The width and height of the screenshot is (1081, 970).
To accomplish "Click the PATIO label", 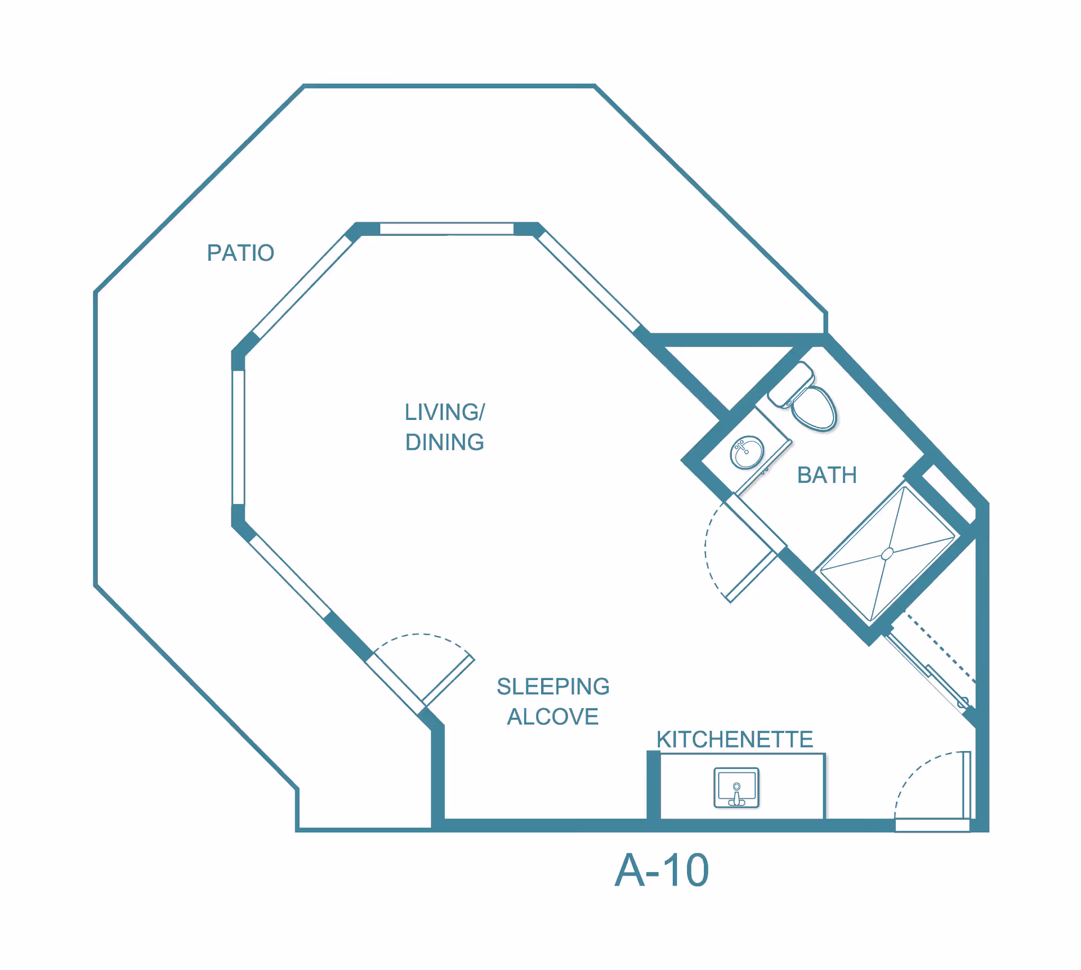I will point(240,253).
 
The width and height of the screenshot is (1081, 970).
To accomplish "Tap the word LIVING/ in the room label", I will point(444,412).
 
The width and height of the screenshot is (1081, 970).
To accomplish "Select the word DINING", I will point(444,442).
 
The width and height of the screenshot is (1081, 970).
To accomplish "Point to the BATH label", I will point(827,475).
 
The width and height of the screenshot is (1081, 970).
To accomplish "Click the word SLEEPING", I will point(553,686).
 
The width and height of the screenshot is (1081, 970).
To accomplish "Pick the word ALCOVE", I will point(552,717).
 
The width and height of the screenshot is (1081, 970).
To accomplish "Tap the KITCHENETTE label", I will point(735,739).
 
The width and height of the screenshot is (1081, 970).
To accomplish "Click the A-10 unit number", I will point(662,870).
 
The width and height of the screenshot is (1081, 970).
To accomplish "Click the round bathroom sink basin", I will point(747,452).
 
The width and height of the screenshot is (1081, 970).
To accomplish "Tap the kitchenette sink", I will point(736,788).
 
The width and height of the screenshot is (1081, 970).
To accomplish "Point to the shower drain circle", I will point(887,554).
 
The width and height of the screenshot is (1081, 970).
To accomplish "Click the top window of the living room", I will point(446,229).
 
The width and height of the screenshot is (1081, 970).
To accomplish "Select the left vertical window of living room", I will point(239,437).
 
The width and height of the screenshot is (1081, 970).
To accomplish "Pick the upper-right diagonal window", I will point(588,281).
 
